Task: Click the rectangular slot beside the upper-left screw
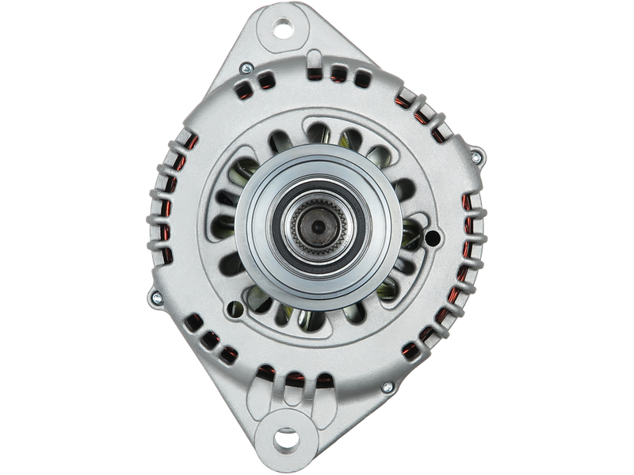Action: point(266,78)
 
